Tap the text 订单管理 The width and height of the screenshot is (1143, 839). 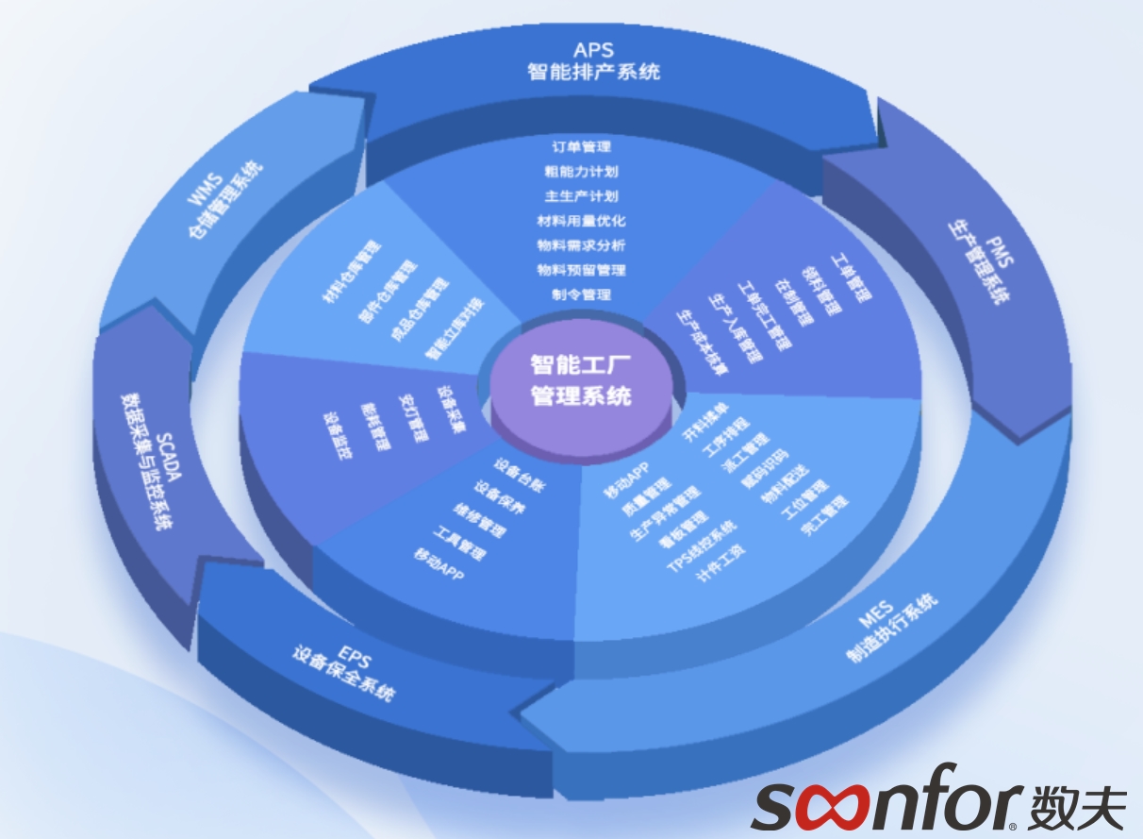(581, 147)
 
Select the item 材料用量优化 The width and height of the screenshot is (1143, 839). (581, 221)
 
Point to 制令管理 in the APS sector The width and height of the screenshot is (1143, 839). (581, 294)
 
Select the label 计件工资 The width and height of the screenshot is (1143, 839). (721, 563)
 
